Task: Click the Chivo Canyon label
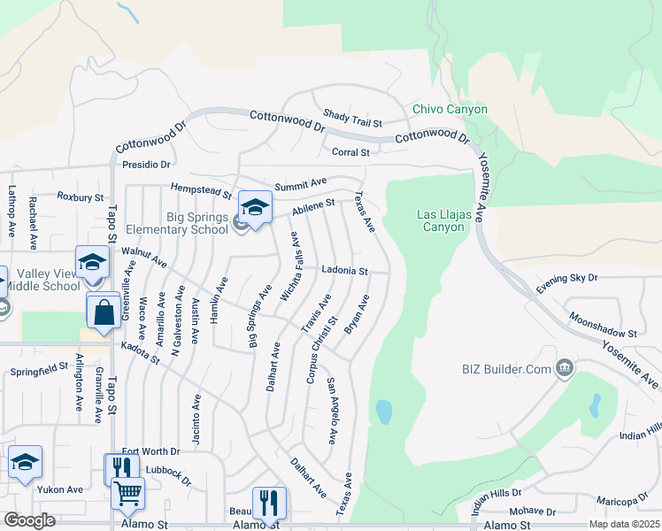[x=450, y=109]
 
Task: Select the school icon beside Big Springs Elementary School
[x=255, y=209]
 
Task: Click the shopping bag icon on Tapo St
[x=104, y=312]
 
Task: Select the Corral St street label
[x=350, y=152]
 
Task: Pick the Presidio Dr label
[x=146, y=164]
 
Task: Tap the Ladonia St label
[x=344, y=270]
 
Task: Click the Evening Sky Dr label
[x=567, y=278]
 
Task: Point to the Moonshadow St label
[x=604, y=325]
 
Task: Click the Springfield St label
[x=39, y=368]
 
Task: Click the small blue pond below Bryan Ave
[x=383, y=412]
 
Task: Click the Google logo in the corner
[x=29, y=520]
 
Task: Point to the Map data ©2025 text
[x=624, y=524]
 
